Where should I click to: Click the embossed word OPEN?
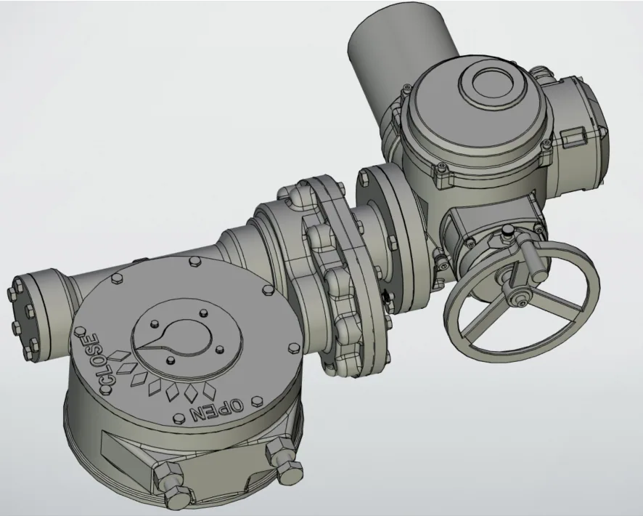click(x=216, y=411)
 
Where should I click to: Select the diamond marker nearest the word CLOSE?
click(x=120, y=355)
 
